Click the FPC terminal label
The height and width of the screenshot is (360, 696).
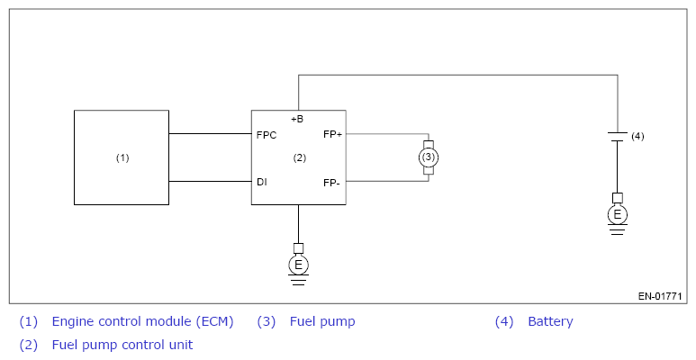267,135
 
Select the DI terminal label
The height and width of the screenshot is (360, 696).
262,182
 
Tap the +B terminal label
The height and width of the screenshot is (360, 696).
297,119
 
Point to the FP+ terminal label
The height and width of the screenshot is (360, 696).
332,134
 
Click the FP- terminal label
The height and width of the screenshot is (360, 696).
331,183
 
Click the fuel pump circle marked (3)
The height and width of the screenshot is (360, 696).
429,157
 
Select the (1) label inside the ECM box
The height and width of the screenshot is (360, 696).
122,157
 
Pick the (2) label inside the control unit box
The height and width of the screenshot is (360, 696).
300,157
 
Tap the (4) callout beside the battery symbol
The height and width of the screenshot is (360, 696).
637,136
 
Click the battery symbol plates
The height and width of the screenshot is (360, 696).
617,136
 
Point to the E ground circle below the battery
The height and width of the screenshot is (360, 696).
617,215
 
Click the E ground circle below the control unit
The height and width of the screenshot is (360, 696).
298,265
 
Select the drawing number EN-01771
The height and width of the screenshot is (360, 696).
660,296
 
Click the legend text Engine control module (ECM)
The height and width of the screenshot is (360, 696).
142,321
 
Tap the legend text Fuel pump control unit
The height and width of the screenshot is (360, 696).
122,345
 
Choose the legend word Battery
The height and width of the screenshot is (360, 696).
550,321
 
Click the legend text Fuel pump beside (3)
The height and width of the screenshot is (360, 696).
322,321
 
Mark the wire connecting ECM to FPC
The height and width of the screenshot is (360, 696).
210,133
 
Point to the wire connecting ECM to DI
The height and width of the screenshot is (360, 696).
210,181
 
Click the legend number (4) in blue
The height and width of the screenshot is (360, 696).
504,321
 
